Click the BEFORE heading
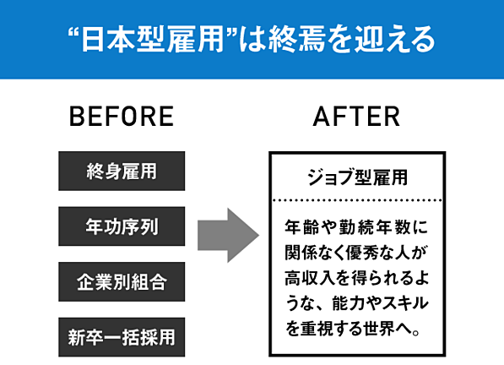click(x=122, y=116)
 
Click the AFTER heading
click(x=356, y=116)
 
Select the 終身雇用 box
click(x=122, y=171)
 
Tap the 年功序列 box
click(x=122, y=226)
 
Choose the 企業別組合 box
click(x=122, y=281)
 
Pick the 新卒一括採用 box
click(x=122, y=337)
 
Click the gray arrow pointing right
click(x=228, y=235)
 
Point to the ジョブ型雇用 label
click(x=357, y=177)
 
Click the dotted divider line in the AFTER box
click(x=357, y=200)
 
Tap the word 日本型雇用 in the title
click(x=152, y=40)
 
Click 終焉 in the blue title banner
click(x=296, y=40)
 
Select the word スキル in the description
click(x=404, y=303)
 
